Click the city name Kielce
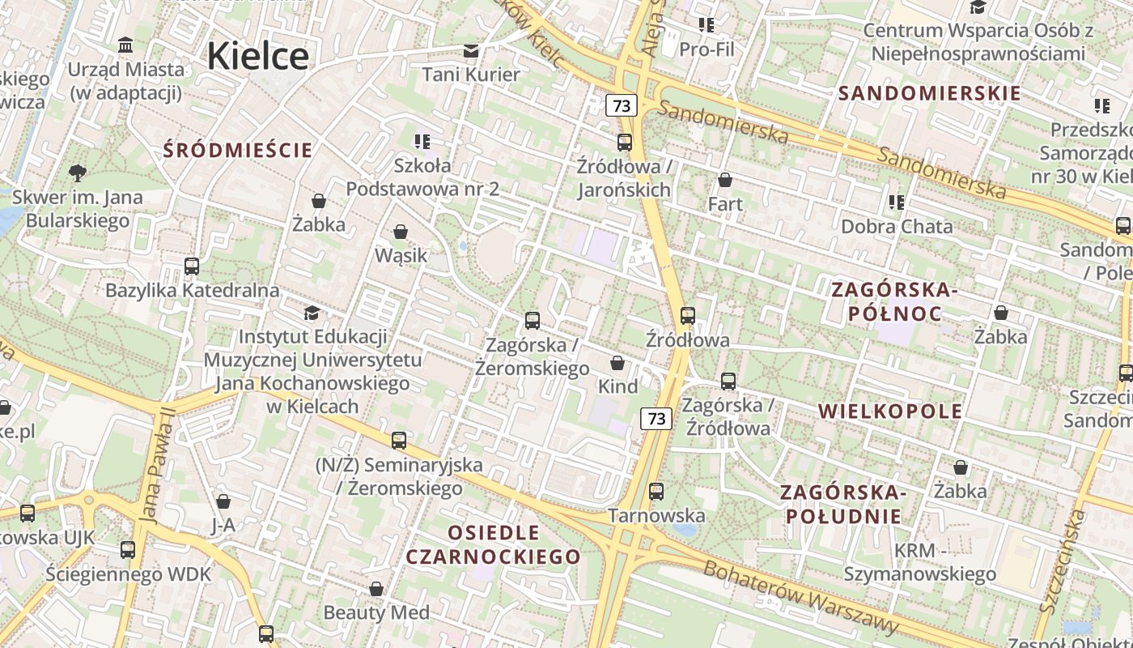pos(257,56)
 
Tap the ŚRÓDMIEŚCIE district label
pos(237,150)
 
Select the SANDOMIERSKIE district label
pos(929,93)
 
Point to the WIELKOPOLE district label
pos(890,411)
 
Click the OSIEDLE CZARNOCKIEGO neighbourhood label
pos(493,544)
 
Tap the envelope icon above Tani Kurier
pos(470,52)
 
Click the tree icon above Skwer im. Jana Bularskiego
pos(78,173)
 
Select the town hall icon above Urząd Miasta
pos(125,45)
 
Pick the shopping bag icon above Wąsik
pos(400,232)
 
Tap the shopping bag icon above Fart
pos(725,180)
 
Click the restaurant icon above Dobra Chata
pos(896,202)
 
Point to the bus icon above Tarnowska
pos(656,492)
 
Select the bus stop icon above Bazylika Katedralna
pos(192,266)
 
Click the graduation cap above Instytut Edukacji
pos(312,313)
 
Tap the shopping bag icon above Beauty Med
pos(376,589)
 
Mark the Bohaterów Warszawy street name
pos(800,597)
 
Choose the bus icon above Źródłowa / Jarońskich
pos(624,143)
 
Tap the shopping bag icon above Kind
pos(617,363)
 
